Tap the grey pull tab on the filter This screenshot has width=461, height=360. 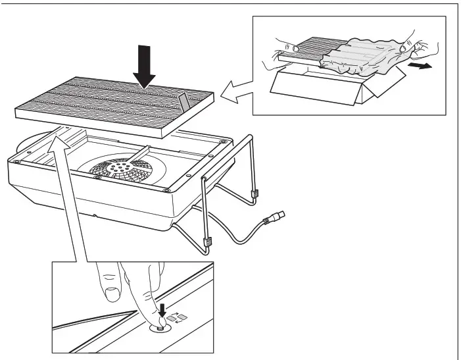coord(183,102)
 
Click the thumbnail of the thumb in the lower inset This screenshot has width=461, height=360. coord(111,292)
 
